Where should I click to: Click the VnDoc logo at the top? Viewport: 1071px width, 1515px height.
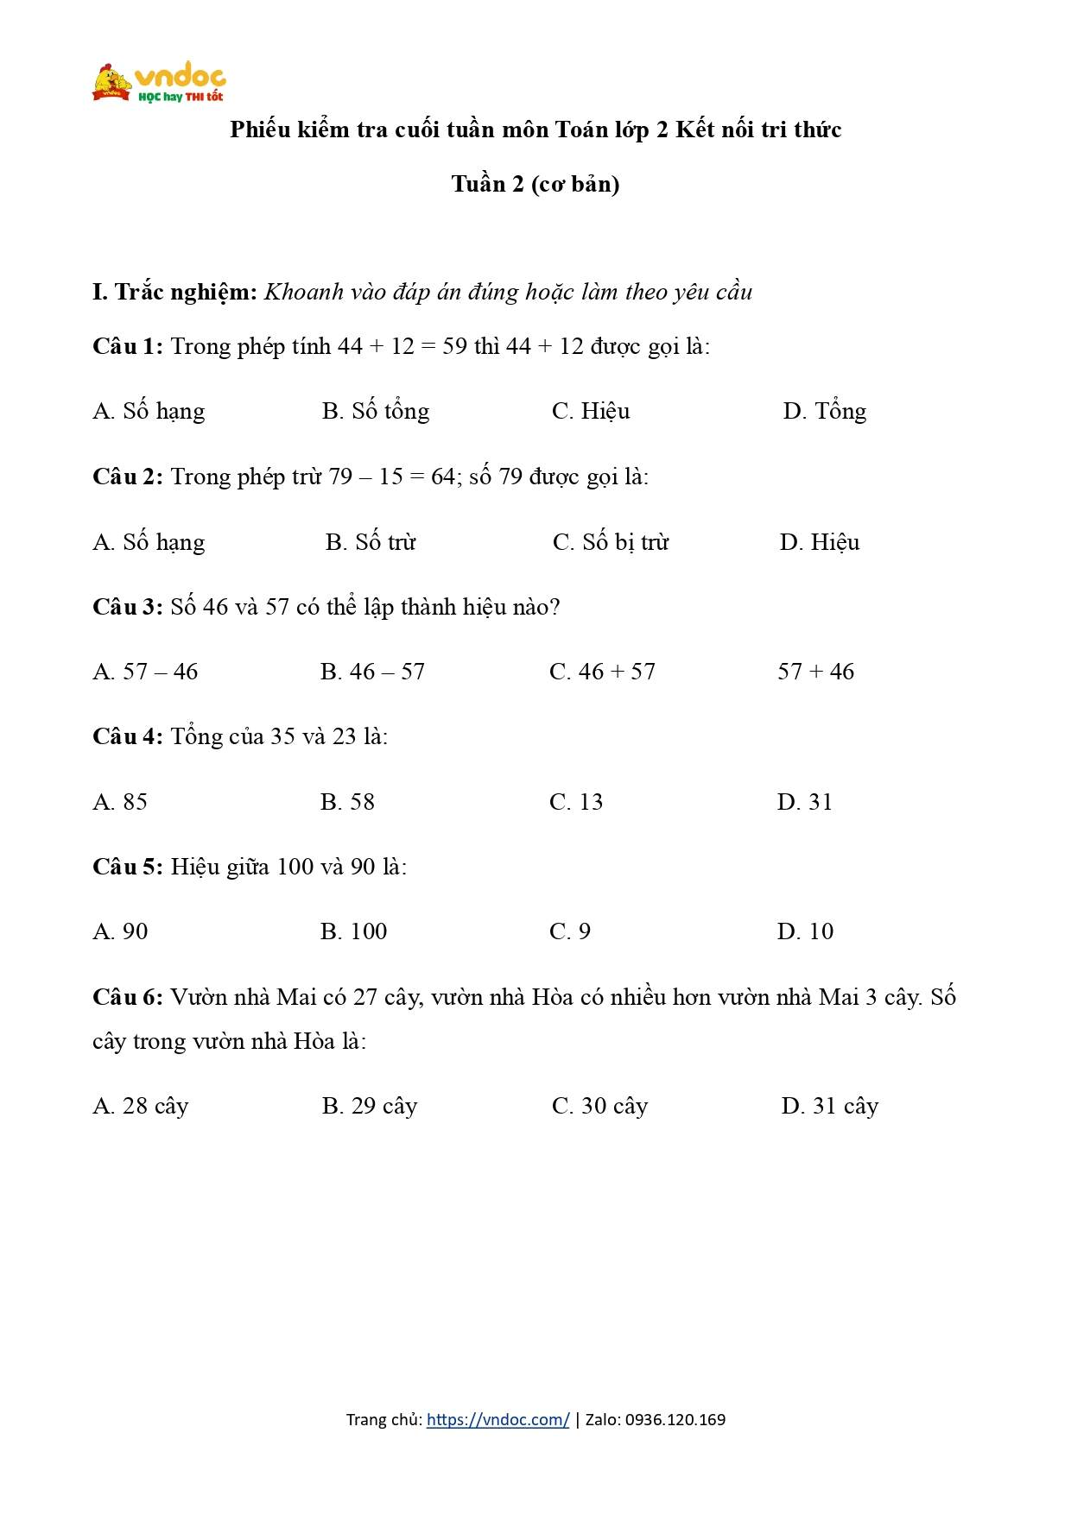point(159,83)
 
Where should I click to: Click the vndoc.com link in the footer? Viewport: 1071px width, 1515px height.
point(497,1420)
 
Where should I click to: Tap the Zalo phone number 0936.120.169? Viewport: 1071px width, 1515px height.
point(675,1420)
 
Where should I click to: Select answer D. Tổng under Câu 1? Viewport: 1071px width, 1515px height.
point(824,412)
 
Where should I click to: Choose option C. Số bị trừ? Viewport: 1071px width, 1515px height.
point(611,543)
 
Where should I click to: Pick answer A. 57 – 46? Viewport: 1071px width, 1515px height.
point(145,672)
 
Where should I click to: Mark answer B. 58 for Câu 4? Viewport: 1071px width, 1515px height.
point(347,803)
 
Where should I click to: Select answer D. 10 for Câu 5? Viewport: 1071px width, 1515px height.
point(805,932)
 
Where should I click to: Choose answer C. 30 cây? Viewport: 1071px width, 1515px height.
point(599,1107)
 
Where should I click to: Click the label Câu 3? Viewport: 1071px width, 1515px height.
point(128,608)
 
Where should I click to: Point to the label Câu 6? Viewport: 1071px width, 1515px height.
point(128,998)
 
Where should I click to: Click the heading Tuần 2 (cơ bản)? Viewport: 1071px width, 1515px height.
point(535,185)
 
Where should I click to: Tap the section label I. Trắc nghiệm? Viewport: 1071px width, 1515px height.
point(175,293)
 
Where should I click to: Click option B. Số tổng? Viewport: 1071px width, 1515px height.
point(376,412)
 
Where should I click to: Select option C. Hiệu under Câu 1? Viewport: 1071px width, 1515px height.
point(591,412)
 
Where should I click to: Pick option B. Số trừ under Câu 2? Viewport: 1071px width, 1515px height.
point(371,543)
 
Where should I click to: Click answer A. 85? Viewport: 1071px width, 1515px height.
point(120,803)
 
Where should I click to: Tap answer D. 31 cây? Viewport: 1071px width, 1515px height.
point(829,1107)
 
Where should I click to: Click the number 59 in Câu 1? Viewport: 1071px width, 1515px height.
point(454,347)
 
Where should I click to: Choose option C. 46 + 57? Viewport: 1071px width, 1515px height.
point(602,672)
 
